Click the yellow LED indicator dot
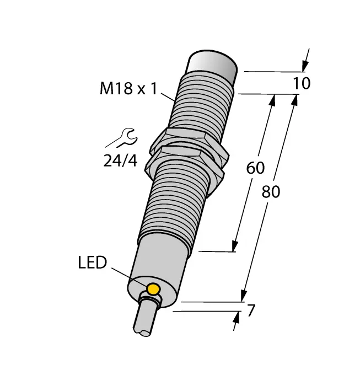tap(153, 288)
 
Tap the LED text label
tap(92, 262)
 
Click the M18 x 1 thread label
tap(128, 88)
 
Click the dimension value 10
tap(302, 84)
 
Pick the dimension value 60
tap(256, 168)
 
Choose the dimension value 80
tap(271, 192)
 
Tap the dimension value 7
tap(251, 311)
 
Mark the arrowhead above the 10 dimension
tap(305, 65)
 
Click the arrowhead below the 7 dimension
tap(236, 319)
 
